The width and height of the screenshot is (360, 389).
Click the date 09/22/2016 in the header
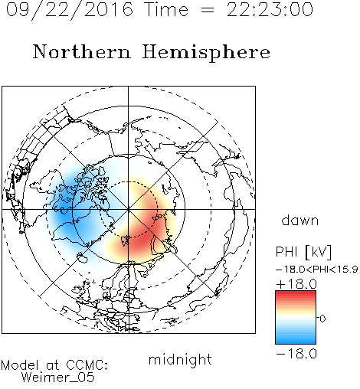click(x=70, y=10)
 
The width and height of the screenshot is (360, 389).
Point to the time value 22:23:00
click(x=270, y=10)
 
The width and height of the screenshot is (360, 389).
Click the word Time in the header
click(x=166, y=10)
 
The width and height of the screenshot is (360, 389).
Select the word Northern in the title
click(x=82, y=51)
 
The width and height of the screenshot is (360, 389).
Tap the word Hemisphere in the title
click(x=206, y=53)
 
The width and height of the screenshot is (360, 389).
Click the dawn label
click(x=300, y=220)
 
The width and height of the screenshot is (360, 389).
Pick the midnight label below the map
click(x=180, y=360)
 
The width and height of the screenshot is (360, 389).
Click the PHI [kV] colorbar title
click(x=303, y=252)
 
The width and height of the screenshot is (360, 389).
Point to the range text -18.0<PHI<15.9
click(x=317, y=270)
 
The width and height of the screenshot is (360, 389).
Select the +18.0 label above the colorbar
click(x=296, y=284)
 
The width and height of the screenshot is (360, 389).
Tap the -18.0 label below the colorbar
click(x=296, y=354)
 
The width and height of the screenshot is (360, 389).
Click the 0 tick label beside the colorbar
click(x=322, y=319)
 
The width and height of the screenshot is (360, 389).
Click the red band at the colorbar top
click(x=296, y=295)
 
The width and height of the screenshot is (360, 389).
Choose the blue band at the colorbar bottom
click(x=296, y=340)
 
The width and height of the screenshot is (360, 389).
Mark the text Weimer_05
click(x=58, y=378)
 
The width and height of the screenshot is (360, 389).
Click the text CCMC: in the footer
click(x=87, y=365)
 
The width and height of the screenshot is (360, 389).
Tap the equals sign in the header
click(x=208, y=10)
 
